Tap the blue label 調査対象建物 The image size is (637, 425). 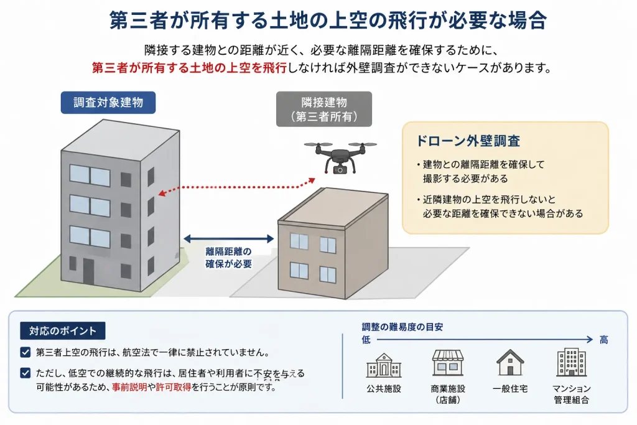click(x=108, y=103)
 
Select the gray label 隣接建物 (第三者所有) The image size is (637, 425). click(x=323, y=109)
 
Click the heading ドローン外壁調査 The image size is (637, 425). click(x=467, y=141)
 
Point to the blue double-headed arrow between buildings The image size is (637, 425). click(x=229, y=239)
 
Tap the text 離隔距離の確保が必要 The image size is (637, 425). click(x=228, y=258)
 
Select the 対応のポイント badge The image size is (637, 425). click(x=63, y=331)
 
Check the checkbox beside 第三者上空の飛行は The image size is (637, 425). click(x=25, y=352)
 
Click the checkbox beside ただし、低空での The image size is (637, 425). click(x=25, y=373)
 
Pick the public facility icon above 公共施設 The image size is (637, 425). click(x=383, y=365)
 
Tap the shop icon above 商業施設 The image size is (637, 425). click(x=448, y=363)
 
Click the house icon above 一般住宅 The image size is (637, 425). click(x=510, y=362)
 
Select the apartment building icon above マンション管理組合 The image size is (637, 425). click(x=571, y=362)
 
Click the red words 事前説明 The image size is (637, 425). click(x=129, y=387)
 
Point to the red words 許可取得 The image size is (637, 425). click(x=174, y=387)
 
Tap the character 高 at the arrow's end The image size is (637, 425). click(x=603, y=340)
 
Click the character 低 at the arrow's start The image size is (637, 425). click(x=366, y=340)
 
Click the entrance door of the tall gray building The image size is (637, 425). click(x=88, y=271)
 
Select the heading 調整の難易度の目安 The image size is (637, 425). click(x=402, y=327)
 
